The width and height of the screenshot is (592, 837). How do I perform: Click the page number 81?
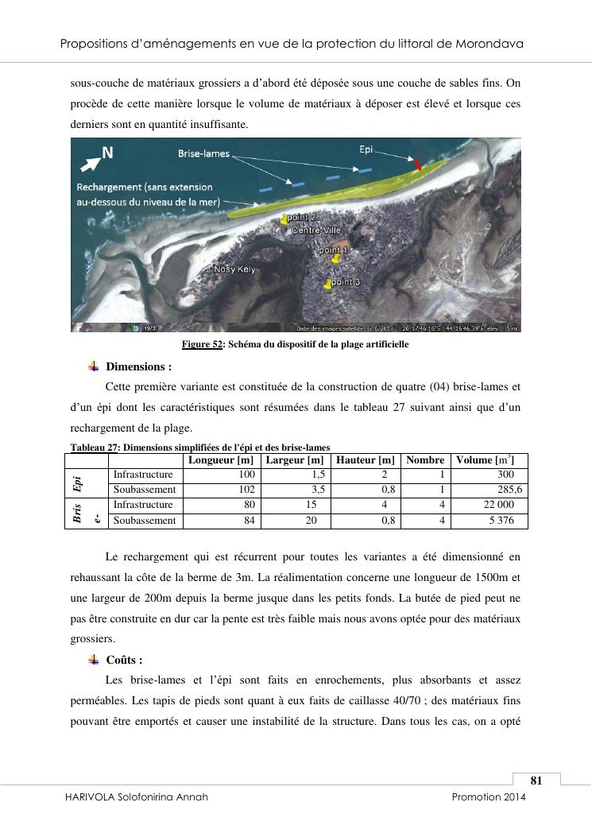click(x=536, y=781)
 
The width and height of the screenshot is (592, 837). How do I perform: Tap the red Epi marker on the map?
click(x=418, y=164)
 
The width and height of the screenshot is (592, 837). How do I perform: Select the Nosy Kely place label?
click(x=235, y=270)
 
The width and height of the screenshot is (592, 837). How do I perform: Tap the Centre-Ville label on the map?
click(x=316, y=231)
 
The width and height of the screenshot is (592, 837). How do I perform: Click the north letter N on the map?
click(x=106, y=153)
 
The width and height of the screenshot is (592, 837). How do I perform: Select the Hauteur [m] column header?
click(x=365, y=460)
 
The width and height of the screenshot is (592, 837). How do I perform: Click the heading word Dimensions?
click(x=138, y=367)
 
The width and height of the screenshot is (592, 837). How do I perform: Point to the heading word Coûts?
click(x=124, y=661)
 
